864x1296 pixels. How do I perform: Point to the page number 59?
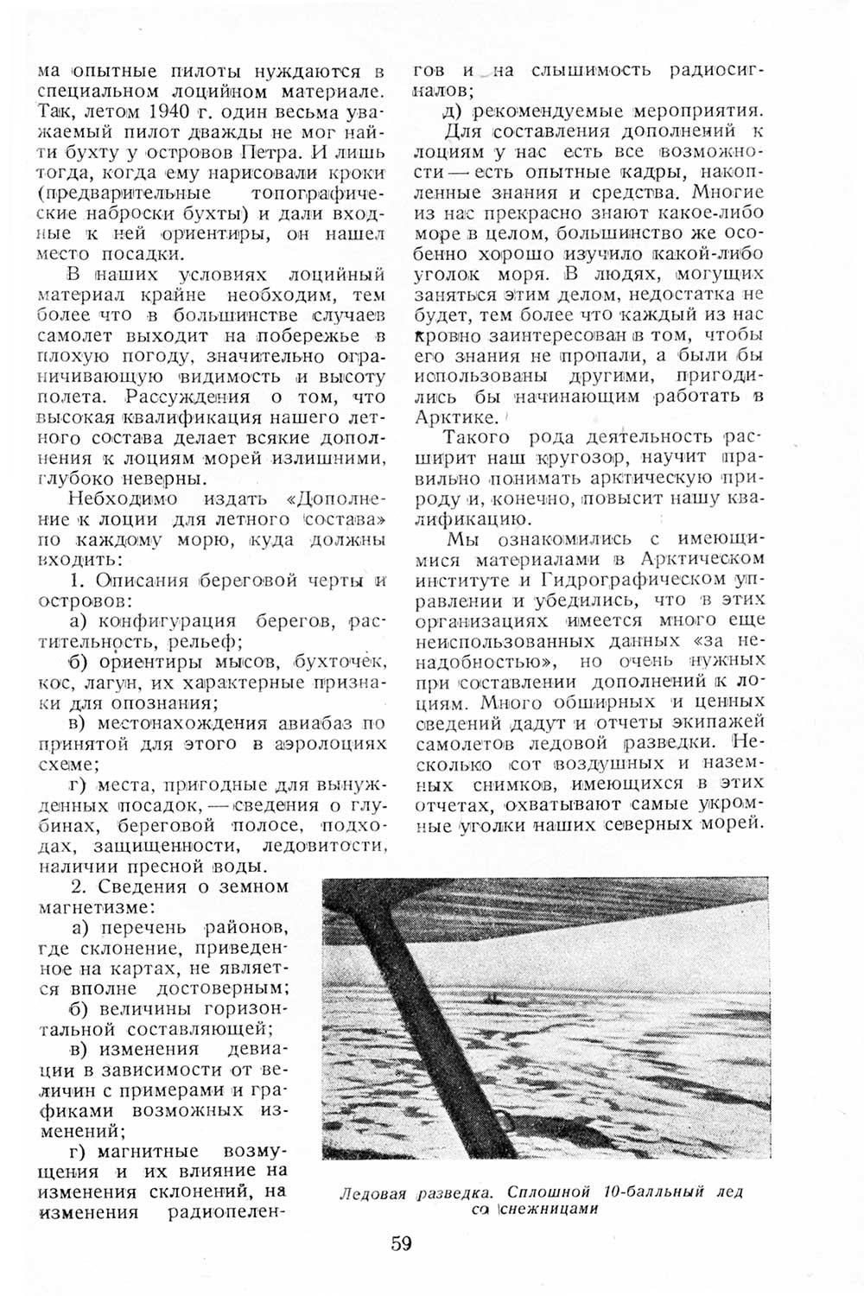pos(401,1244)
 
